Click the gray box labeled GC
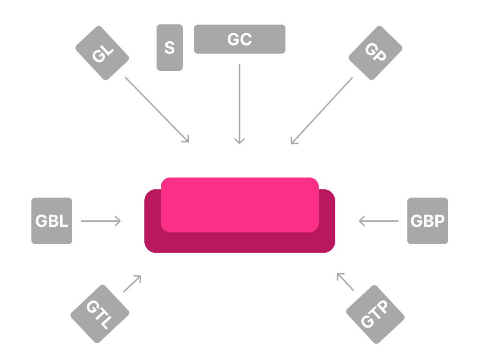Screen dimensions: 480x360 pyautogui.click(x=240, y=39)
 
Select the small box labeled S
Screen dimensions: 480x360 pyautogui.click(x=170, y=47)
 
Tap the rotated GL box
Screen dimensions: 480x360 pyautogui.click(x=102, y=53)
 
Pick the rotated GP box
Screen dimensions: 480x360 pyautogui.click(x=375, y=53)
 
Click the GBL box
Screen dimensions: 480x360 pyautogui.click(x=52, y=221)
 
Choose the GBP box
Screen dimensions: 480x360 pyautogui.click(x=427, y=221)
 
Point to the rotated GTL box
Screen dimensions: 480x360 pyautogui.click(x=100, y=314)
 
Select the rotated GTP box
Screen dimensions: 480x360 pyautogui.click(x=375, y=315)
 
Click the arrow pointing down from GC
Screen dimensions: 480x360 pyautogui.click(x=240, y=104)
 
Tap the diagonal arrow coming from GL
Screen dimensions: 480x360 pyautogui.click(x=157, y=110)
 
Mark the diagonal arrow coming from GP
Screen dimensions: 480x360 pyautogui.click(x=322, y=111)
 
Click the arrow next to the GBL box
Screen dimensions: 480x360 pyautogui.click(x=101, y=221)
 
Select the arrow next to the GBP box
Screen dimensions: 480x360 pyautogui.click(x=379, y=221)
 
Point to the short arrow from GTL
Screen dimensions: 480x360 pyautogui.click(x=132, y=284)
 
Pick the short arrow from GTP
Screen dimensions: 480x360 pyautogui.click(x=345, y=282)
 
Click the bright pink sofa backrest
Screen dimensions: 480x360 pyautogui.click(x=240, y=205)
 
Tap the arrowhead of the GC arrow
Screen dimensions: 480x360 pyautogui.click(x=240, y=142)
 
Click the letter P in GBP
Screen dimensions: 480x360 pyautogui.click(x=440, y=221)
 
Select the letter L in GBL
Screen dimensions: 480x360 pyautogui.click(x=64, y=221)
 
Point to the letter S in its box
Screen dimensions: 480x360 pyautogui.click(x=170, y=47)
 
